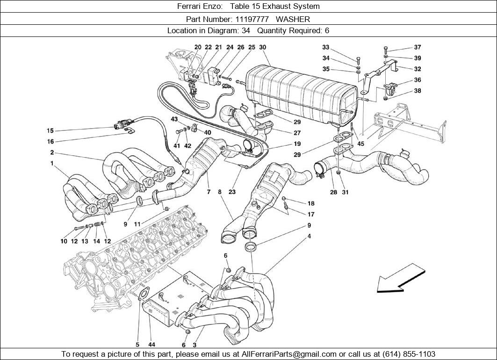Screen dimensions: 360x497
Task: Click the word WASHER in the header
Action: pyautogui.click(x=293, y=19)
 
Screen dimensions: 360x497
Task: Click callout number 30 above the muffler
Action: pyautogui.click(x=263, y=47)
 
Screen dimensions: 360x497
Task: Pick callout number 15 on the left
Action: pyautogui.click(x=50, y=130)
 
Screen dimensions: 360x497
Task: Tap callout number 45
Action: pyautogui.click(x=360, y=144)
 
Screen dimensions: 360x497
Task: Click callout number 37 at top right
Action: pyautogui.click(x=418, y=47)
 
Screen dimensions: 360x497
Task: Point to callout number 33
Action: pyautogui.click(x=326, y=47)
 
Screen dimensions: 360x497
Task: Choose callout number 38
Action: pyautogui.click(x=418, y=91)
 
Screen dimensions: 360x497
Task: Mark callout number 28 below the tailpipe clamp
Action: pyautogui.click(x=333, y=192)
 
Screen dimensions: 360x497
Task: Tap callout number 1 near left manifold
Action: pyautogui.click(x=52, y=164)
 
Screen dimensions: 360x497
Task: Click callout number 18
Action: pyautogui.click(x=311, y=203)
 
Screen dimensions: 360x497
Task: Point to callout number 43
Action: pyautogui.click(x=174, y=119)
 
